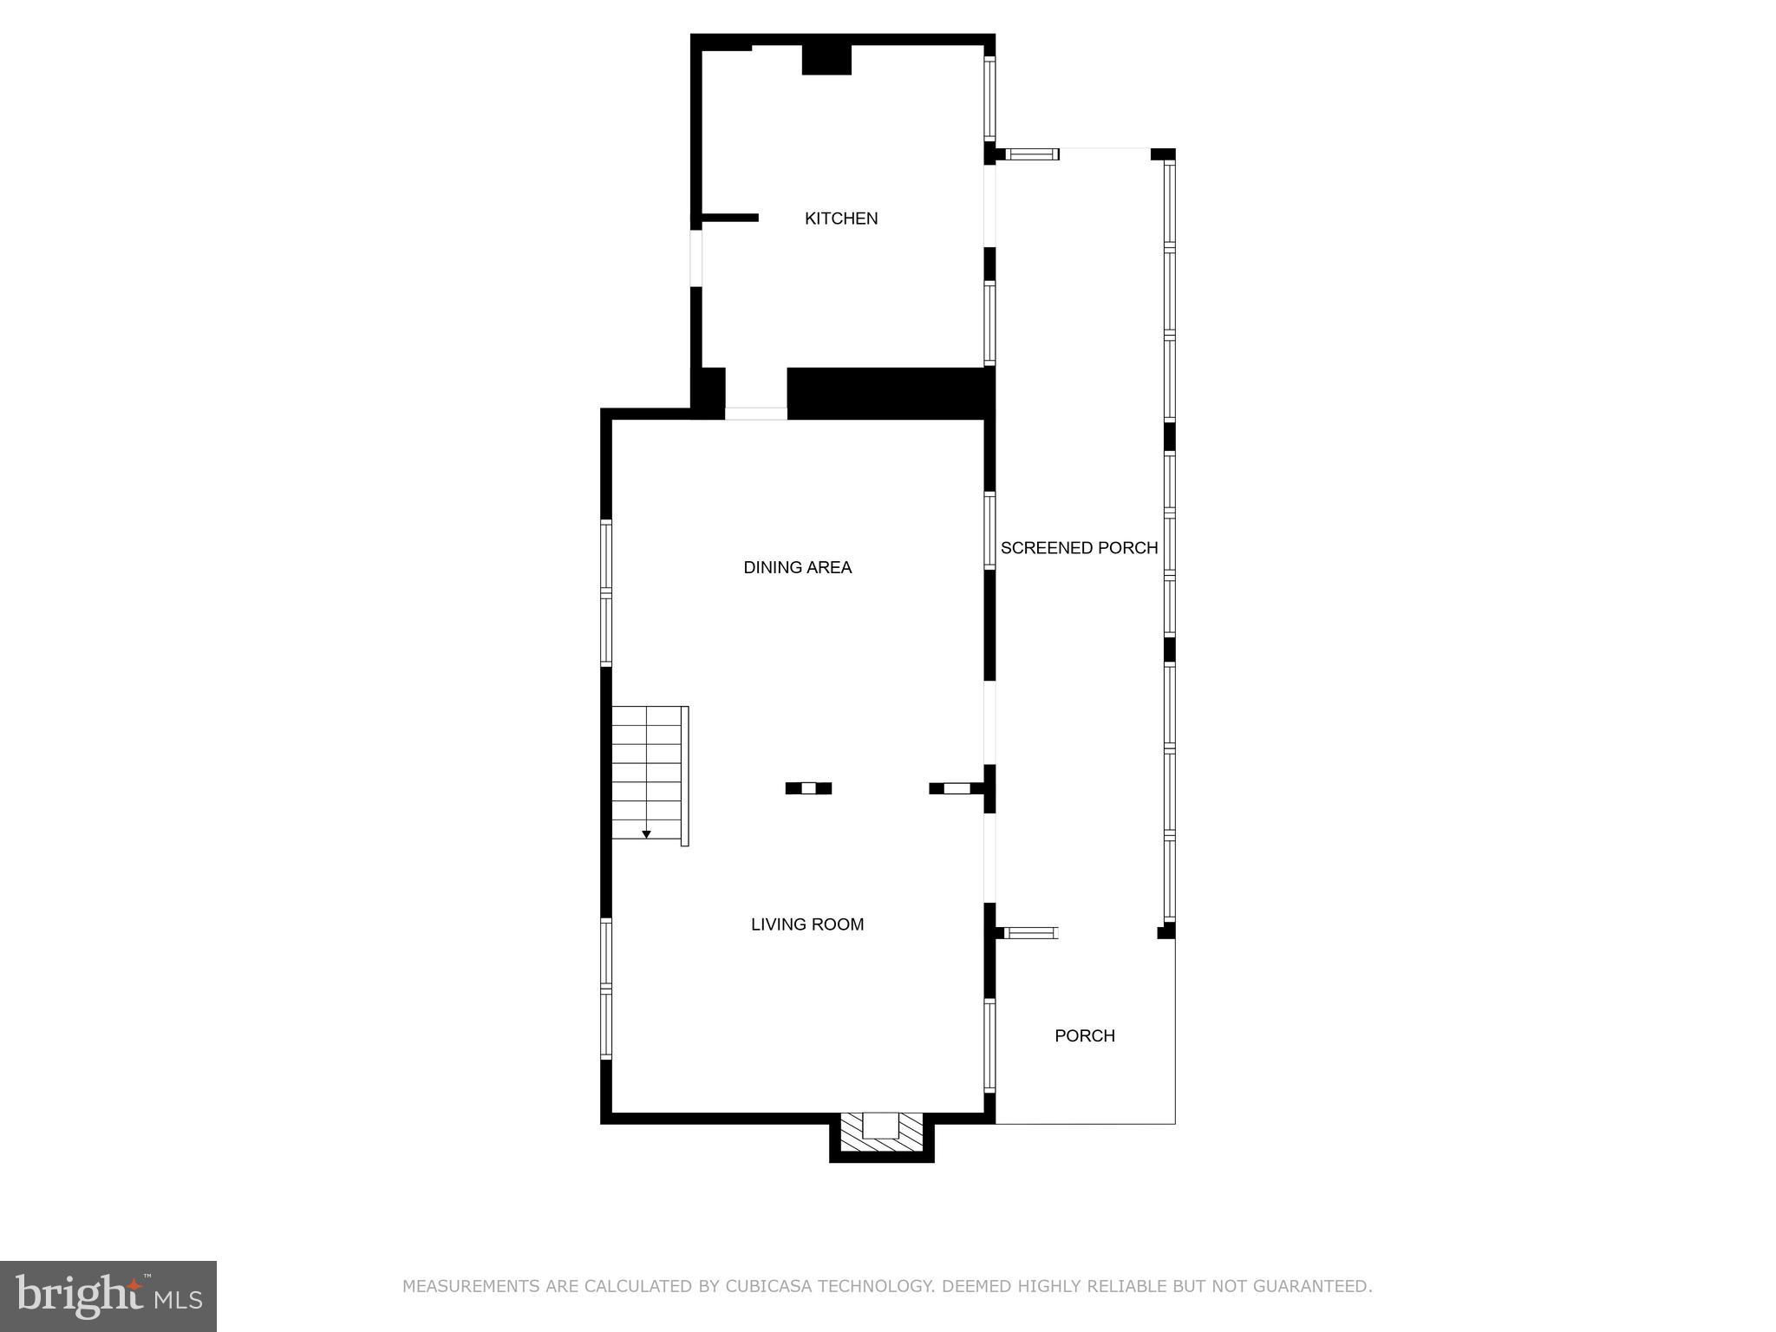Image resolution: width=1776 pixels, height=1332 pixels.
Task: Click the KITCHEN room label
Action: pyautogui.click(x=841, y=219)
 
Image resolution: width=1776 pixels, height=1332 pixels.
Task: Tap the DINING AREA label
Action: pyautogui.click(x=798, y=567)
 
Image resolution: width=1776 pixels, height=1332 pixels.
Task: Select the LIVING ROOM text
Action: pyautogui.click(x=807, y=924)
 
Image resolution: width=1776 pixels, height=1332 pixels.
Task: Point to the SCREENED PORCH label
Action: pyautogui.click(x=1079, y=548)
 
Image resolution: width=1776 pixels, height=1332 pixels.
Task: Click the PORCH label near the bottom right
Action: pyautogui.click(x=1084, y=1035)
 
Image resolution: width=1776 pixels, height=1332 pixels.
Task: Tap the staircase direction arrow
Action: pyautogui.click(x=646, y=834)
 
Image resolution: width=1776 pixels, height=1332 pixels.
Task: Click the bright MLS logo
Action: pyautogui.click(x=108, y=1296)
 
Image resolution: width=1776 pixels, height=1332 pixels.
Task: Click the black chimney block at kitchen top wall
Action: pyautogui.click(x=826, y=58)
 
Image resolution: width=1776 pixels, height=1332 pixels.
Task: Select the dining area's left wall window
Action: pyautogui.click(x=606, y=593)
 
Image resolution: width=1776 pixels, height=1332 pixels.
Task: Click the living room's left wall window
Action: pyautogui.click(x=606, y=989)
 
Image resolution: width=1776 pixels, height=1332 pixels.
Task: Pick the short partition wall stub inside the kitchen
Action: pyautogui.click(x=729, y=218)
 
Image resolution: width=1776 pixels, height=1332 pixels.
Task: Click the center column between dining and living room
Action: pyautogui.click(x=808, y=788)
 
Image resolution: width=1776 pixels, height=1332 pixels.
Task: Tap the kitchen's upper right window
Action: pyautogui.click(x=989, y=97)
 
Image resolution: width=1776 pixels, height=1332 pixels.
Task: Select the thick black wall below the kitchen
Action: pyautogui.click(x=889, y=392)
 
